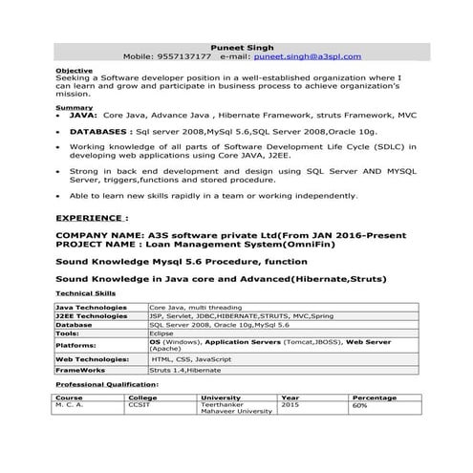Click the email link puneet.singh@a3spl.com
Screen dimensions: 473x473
pyautogui.click(x=308, y=56)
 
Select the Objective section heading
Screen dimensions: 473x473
pyautogui.click(x=75, y=70)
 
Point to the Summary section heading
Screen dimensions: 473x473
pyautogui.click(x=75, y=107)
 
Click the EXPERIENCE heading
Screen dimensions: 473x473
pyautogui.click(x=92, y=217)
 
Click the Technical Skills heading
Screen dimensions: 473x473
pyautogui.click(x=86, y=293)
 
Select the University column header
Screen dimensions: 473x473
pyautogui.click(x=221, y=397)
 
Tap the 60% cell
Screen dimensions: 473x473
pyautogui.click(x=359, y=405)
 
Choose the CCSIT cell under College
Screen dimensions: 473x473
pyautogui.click(x=140, y=405)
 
